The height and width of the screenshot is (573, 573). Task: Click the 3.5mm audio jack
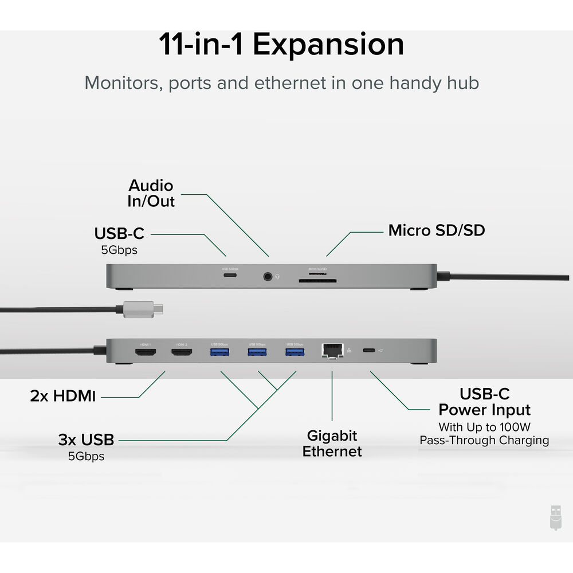pyautogui.click(x=268, y=277)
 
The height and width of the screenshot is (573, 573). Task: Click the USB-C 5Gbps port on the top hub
pyautogui.click(x=230, y=276)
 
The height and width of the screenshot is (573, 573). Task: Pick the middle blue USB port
pyautogui.click(x=257, y=352)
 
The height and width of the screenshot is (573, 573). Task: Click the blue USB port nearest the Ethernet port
pyautogui.click(x=295, y=352)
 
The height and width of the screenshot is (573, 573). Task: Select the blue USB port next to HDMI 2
pyautogui.click(x=219, y=352)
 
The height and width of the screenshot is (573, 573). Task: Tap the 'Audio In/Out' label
pyautogui.click(x=151, y=194)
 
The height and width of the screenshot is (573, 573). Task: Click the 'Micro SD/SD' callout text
pyautogui.click(x=437, y=231)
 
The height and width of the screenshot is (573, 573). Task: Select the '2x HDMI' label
pyautogui.click(x=63, y=395)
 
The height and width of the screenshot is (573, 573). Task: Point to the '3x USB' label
pyautogui.click(x=86, y=440)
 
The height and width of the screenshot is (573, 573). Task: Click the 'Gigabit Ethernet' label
pyautogui.click(x=332, y=444)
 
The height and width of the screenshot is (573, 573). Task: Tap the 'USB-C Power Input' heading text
pyautogui.click(x=485, y=402)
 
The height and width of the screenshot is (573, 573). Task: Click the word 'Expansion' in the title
pyautogui.click(x=328, y=45)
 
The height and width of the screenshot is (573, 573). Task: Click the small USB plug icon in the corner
pyautogui.click(x=554, y=517)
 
